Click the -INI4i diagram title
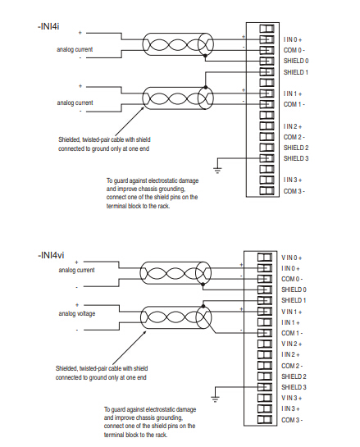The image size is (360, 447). (x=48, y=26)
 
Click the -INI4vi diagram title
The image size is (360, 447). (x=51, y=254)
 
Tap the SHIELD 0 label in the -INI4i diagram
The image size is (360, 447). (x=296, y=61)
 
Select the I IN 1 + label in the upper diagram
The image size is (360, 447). (x=293, y=94)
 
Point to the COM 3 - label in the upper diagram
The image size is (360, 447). (x=294, y=191)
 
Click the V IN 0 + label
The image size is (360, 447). (x=292, y=258)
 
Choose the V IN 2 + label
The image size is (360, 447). (x=292, y=344)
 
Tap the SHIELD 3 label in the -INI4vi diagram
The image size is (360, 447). (x=294, y=387)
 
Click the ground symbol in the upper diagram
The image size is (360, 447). (x=217, y=171)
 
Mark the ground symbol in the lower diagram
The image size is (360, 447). (x=215, y=399)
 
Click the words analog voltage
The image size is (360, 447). (x=77, y=313)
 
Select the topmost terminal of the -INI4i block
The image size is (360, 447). (x=267, y=29)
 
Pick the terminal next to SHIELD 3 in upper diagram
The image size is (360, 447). (x=267, y=158)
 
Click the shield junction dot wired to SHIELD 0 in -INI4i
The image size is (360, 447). (x=205, y=55)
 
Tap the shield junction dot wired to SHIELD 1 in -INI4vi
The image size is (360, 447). (x=203, y=307)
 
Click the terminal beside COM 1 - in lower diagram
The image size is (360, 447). (x=265, y=333)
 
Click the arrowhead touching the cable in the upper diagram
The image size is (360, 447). (x=143, y=108)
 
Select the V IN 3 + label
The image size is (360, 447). (x=292, y=398)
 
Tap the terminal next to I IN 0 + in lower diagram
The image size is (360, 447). (x=265, y=268)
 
